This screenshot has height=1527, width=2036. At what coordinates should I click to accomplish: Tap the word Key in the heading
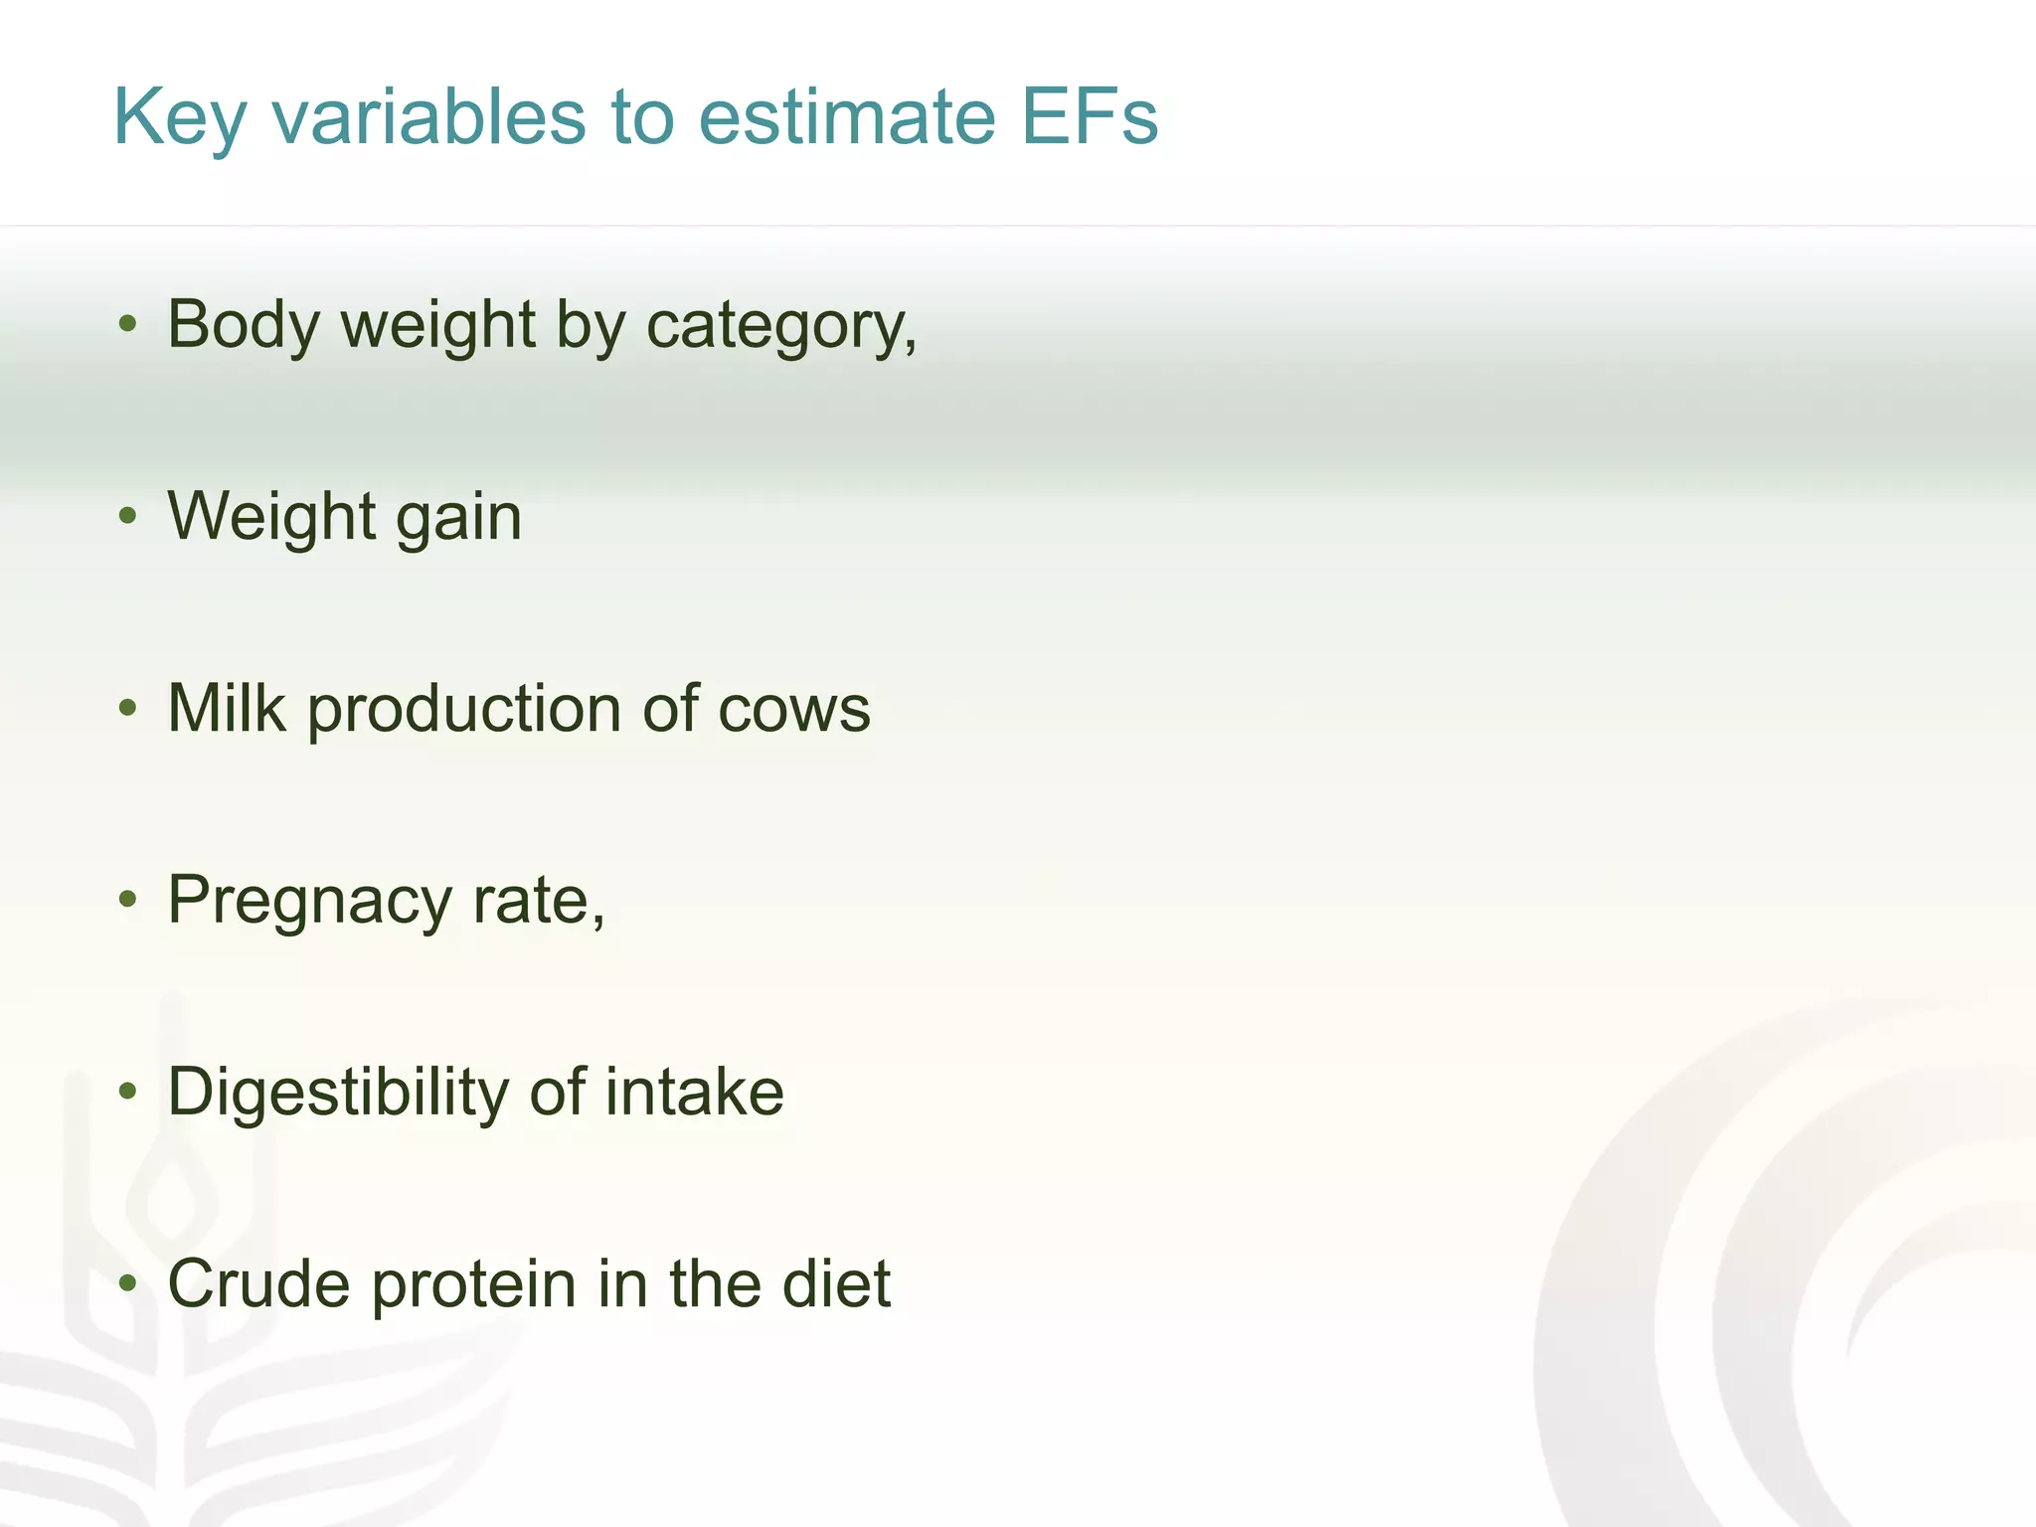179,117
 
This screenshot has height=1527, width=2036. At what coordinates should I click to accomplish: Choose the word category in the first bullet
781,326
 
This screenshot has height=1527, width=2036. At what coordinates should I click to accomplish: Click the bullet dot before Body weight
127,324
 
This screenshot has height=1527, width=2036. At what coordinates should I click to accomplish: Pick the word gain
458,518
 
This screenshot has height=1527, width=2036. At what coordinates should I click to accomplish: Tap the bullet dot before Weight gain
127,516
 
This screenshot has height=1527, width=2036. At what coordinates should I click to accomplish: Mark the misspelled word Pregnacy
310,902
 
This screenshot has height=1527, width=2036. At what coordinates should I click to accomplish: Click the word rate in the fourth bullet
538,901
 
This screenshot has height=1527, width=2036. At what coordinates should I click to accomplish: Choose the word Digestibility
338,1093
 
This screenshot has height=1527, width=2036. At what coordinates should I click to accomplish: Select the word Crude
259,1283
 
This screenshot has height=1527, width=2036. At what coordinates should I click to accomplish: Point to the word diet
836,1283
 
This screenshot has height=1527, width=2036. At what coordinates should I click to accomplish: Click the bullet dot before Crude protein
127,1283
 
